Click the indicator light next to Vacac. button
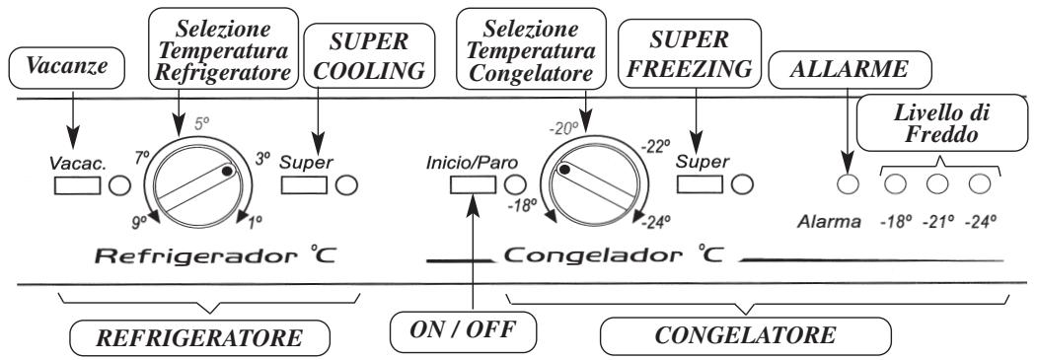pyautogui.click(x=118, y=183)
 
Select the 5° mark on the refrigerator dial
pyautogui.click(x=204, y=125)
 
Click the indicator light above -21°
pyautogui.click(x=937, y=183)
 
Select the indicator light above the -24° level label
pyautogui.click(x=980, y=183)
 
